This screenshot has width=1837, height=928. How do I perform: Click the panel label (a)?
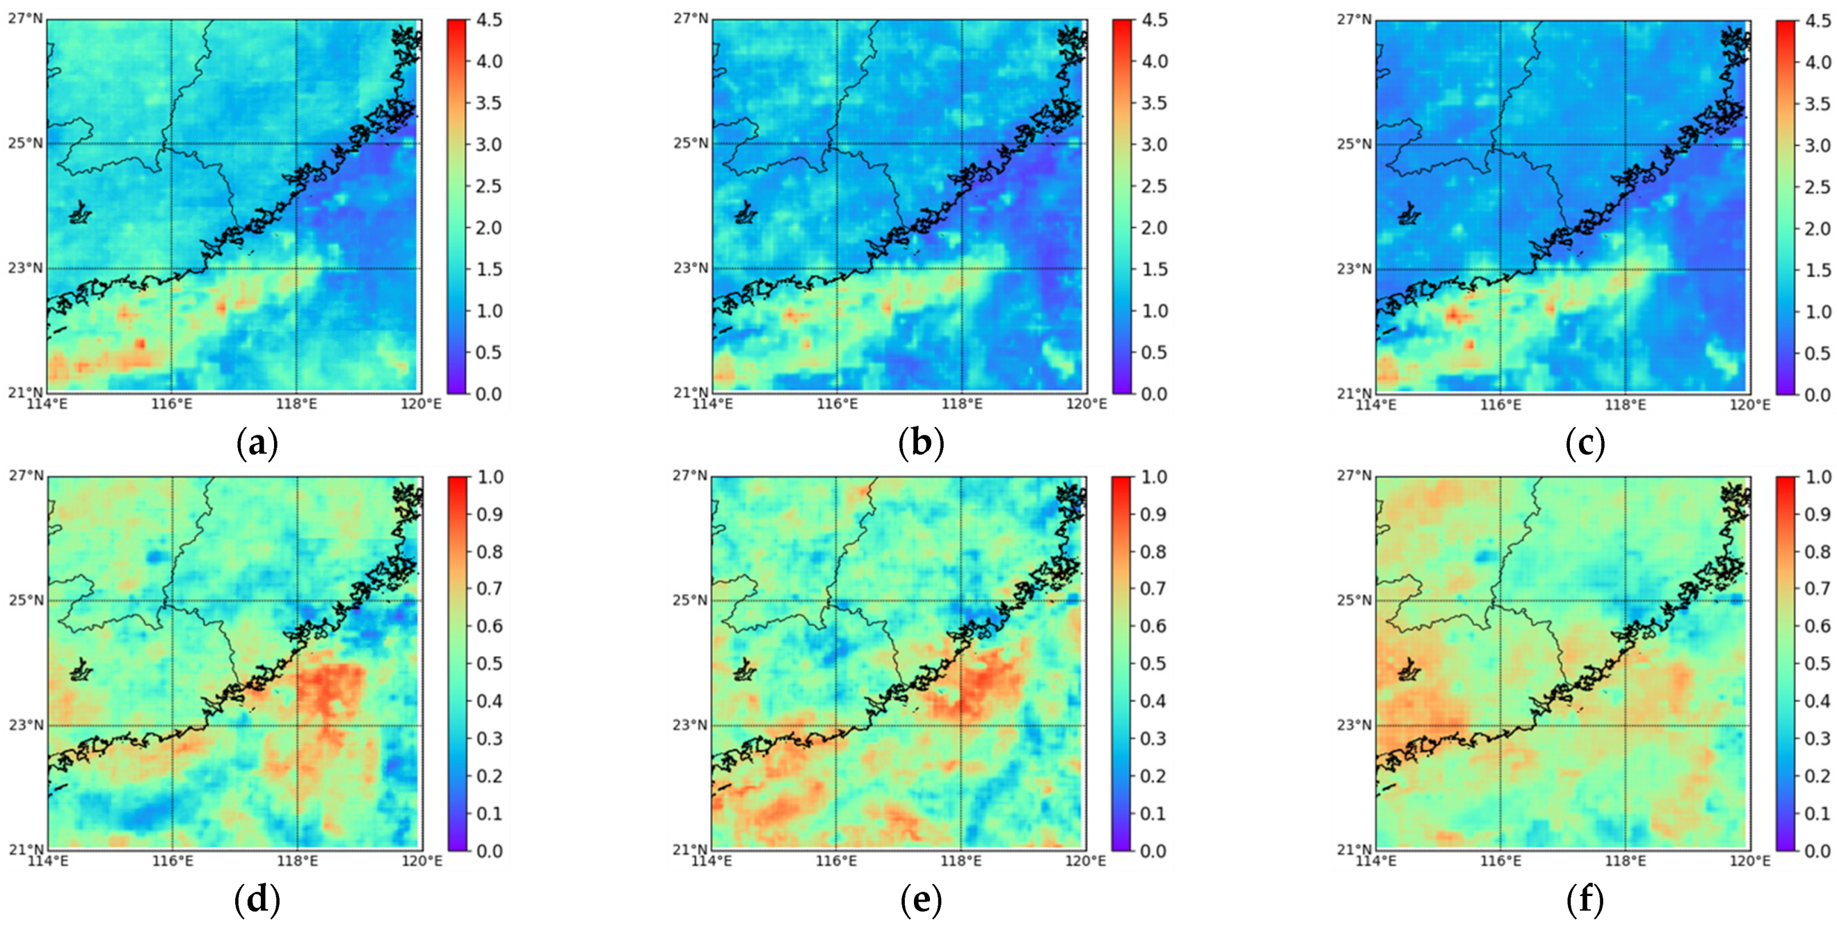point(257,444)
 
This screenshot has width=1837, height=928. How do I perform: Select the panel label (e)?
point(921,901)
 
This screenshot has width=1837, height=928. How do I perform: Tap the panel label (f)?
point(1585,901)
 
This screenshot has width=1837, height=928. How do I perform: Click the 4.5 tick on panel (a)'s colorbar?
point(489,20)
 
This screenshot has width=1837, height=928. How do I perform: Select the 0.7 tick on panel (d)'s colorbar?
point(489,588)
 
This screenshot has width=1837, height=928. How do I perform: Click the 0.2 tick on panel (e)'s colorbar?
point(1154,776)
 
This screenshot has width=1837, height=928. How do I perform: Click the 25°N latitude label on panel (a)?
point(26,143)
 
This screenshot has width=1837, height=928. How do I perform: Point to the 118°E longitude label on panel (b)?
point(961,404)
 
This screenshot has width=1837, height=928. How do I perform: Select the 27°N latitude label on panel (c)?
point(1353,20)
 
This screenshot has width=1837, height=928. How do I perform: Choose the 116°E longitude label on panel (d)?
point(172,861)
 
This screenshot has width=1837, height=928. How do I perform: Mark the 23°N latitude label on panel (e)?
point(690,725)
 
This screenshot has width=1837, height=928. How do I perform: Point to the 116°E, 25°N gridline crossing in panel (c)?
point(1500,144)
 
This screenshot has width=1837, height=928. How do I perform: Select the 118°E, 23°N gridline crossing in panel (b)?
point(961,269)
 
